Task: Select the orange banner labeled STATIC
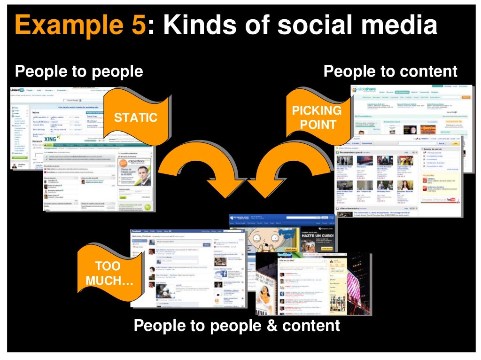click(136, 117)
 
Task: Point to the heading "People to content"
click(390, 71)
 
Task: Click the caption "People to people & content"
click(237, 325)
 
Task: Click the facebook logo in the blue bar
click(137, 232)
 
